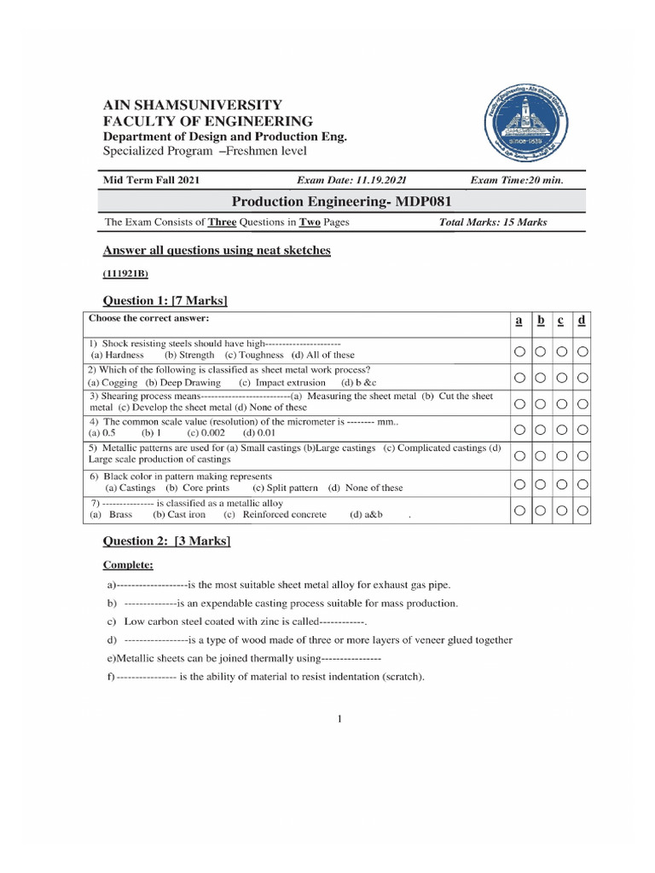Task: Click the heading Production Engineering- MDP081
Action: (x=340, y=201)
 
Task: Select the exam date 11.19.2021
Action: (x=351, y=180)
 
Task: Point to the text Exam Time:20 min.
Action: (x=516, y=180)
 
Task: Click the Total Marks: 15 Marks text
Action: (x=493, y=223)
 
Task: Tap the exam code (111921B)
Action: (x=126, y=274)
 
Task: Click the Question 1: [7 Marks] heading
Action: (x=165, y=301)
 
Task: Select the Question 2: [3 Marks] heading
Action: (x=167, y=541)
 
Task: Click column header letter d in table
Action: (x=581, y=321)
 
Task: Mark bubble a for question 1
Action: (x=519, y=351)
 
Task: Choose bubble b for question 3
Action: (x=540, y=403)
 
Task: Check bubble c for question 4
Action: (x=561, y=431)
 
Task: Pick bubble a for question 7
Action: (x=519, y=512)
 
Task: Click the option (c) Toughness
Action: (x=254, y=355)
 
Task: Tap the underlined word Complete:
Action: (x=128, y=564)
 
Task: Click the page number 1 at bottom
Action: (x=339, y=720)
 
